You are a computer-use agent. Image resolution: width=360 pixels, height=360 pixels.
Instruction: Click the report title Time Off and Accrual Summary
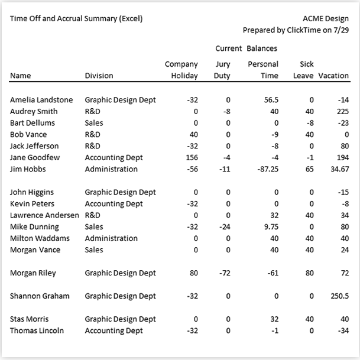[x=63, y=18]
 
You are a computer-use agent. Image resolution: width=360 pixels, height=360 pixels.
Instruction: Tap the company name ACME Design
[x=326, y=19]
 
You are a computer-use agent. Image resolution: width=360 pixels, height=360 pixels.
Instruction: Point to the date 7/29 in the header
[x=341, y=30]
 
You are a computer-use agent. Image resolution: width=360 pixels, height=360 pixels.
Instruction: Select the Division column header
[x=99, y=76]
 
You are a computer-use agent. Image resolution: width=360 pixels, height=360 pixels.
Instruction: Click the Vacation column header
[x=333, y=76]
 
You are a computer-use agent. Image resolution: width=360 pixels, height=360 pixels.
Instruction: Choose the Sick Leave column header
[x=303, y=70]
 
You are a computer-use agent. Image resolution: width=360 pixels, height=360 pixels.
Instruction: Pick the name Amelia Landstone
[x=41, y=100]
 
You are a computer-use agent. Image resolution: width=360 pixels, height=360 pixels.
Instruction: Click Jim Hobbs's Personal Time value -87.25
[x=268, y=169]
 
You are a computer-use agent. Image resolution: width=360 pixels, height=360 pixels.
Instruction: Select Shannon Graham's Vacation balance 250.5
[x=339, y=296]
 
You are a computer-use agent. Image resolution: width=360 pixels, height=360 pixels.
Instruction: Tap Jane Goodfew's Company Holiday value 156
[x=192, y=158]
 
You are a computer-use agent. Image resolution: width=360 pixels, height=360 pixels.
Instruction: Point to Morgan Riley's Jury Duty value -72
[x=225, y=273]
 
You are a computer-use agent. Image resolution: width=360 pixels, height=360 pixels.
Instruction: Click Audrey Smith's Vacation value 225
[x=343, y=112]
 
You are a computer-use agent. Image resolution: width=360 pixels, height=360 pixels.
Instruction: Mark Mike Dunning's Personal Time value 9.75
[x=271, y=227]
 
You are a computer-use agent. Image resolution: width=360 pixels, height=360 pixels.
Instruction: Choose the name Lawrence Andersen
[x=44, y=215]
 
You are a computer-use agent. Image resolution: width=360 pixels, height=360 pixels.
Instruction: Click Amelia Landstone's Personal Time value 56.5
[x=271, y=100]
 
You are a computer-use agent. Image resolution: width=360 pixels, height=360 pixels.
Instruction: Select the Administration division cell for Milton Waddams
[x=111, y=238]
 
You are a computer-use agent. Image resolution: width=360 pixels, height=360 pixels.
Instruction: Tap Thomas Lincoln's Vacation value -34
[x=343, y=330]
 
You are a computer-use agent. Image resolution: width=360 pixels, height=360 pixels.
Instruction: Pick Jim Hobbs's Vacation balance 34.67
[x=340, y=169]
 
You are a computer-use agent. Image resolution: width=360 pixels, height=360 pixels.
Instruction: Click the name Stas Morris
[x=29, y=319]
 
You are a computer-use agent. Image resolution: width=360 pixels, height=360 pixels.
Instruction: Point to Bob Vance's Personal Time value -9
[x=275, y=135]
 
